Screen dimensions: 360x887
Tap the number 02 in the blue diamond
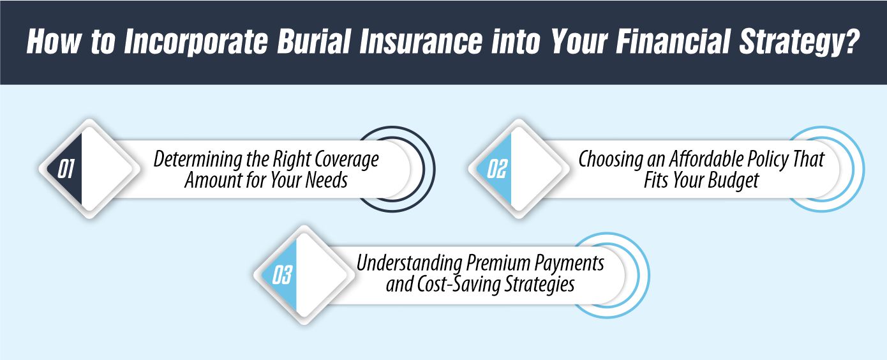click(x=496, y=169)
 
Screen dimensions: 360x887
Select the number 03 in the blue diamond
click(x=281, y=275)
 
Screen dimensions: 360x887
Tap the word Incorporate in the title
click(x=177, y=42)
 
